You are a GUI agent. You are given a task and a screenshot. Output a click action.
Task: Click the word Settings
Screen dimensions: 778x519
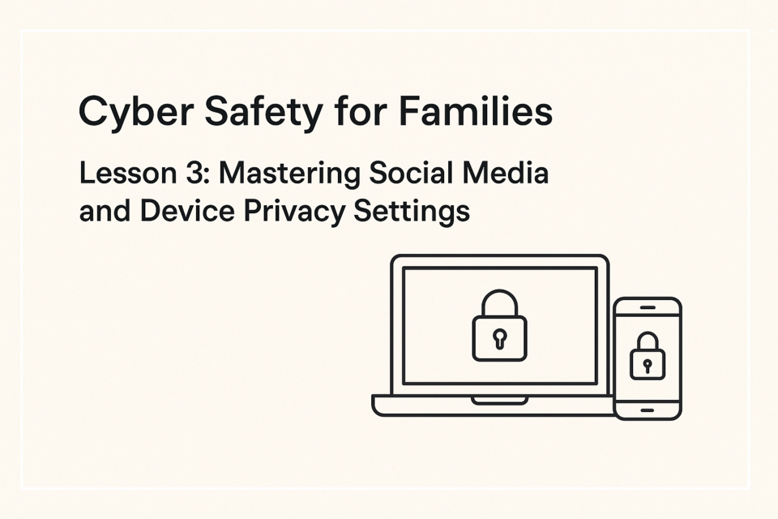click(x=412, y=212)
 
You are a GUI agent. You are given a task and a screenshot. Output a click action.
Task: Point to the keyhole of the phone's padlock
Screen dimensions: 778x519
click(x=647, y=367)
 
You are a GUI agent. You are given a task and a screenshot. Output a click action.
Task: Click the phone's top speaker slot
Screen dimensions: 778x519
click(x=648, y=308)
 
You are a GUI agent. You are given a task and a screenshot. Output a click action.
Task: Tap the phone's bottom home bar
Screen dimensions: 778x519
click(x=648, y=410)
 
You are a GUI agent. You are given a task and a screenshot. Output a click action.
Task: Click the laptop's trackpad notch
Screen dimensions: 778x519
click(x=499, y=401)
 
